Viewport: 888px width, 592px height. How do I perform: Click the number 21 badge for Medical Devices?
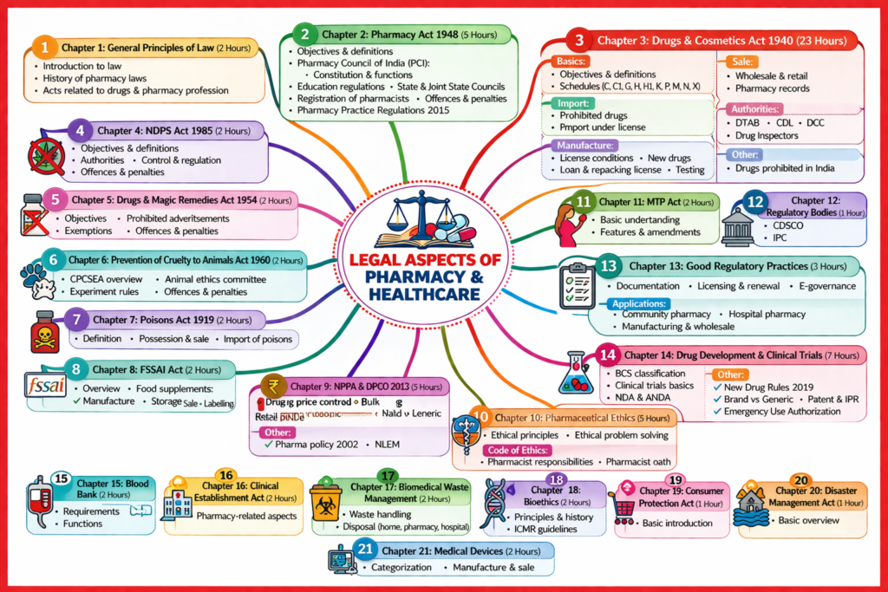click(365, 550)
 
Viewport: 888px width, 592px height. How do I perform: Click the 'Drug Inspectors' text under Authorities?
click(767, 134)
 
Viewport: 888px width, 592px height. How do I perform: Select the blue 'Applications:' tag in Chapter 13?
click(640, 304)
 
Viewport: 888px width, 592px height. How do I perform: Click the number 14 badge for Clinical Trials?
click(608, 355)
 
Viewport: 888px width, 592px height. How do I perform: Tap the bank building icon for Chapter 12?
click(738, 225)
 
